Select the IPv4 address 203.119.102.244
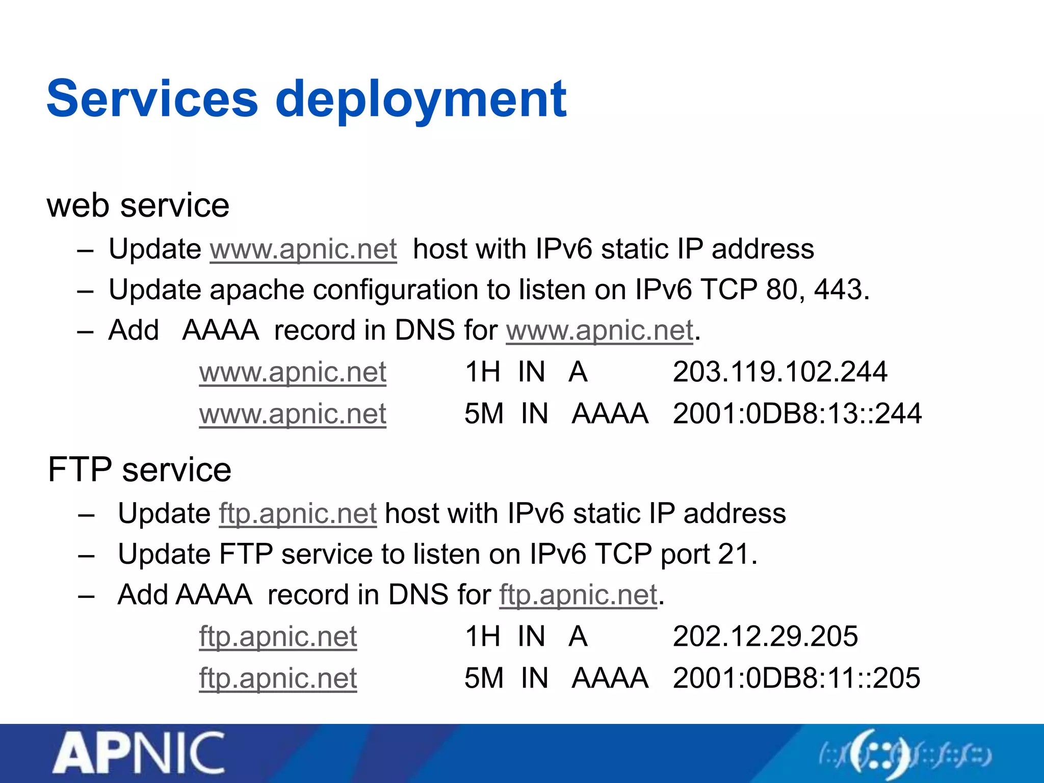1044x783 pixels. pos(779,372)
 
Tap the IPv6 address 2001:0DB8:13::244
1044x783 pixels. pos(797,413)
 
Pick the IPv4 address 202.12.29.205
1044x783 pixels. pos(765,636)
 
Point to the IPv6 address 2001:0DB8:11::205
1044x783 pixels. pos(796,678)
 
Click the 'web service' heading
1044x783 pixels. pos(138,205)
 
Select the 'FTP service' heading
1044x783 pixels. pos(139,469)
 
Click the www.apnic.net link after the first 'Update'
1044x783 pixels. pos(303,249)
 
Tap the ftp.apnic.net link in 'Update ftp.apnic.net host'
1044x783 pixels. pos(298,513)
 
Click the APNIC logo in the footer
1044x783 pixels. pos(139,752)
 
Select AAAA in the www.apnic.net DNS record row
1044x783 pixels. pos(610,413)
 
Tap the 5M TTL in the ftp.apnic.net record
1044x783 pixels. pos(483,678)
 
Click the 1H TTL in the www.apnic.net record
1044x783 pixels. pos(482,372)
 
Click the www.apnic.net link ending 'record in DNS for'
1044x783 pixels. pos(599,330)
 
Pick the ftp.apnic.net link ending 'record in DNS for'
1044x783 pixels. pos(578,595)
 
